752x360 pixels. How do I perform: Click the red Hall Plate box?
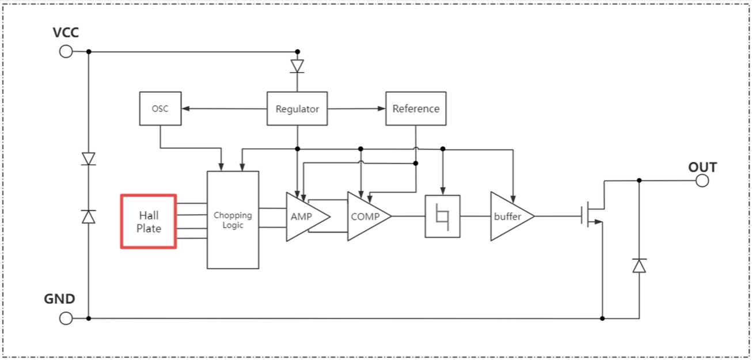click(149, 222)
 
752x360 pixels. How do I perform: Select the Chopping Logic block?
click(233, 219)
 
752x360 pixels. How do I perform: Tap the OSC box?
click(160, 108)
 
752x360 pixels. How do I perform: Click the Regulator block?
click(297, 108)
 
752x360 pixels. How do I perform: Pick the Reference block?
click(416, 108)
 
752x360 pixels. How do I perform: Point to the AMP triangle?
click(304, 217)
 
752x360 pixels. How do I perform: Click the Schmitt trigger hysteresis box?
click(442, 217)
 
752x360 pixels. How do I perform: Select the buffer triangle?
click(508, 217)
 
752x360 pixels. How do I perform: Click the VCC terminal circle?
click(66, 51)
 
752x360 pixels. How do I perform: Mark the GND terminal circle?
click(66, 318)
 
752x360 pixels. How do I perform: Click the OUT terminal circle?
click(702, 180)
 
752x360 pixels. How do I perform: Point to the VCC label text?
click(66, 33)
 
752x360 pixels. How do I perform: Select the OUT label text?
click(702, 168)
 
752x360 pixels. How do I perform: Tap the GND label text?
click(59, 300)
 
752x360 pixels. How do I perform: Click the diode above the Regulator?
click(297, 66)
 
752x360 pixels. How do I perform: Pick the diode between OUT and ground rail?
click(639, 266)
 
